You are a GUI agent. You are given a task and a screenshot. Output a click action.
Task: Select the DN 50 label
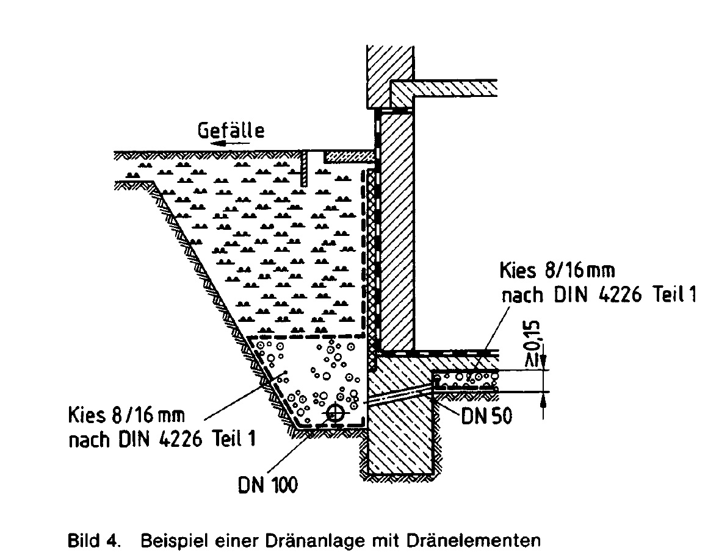click(486, 416)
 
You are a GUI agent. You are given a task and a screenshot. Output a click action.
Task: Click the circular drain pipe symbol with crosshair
click(334, 414)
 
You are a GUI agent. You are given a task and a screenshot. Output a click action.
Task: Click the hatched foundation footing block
click(400, 439)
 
